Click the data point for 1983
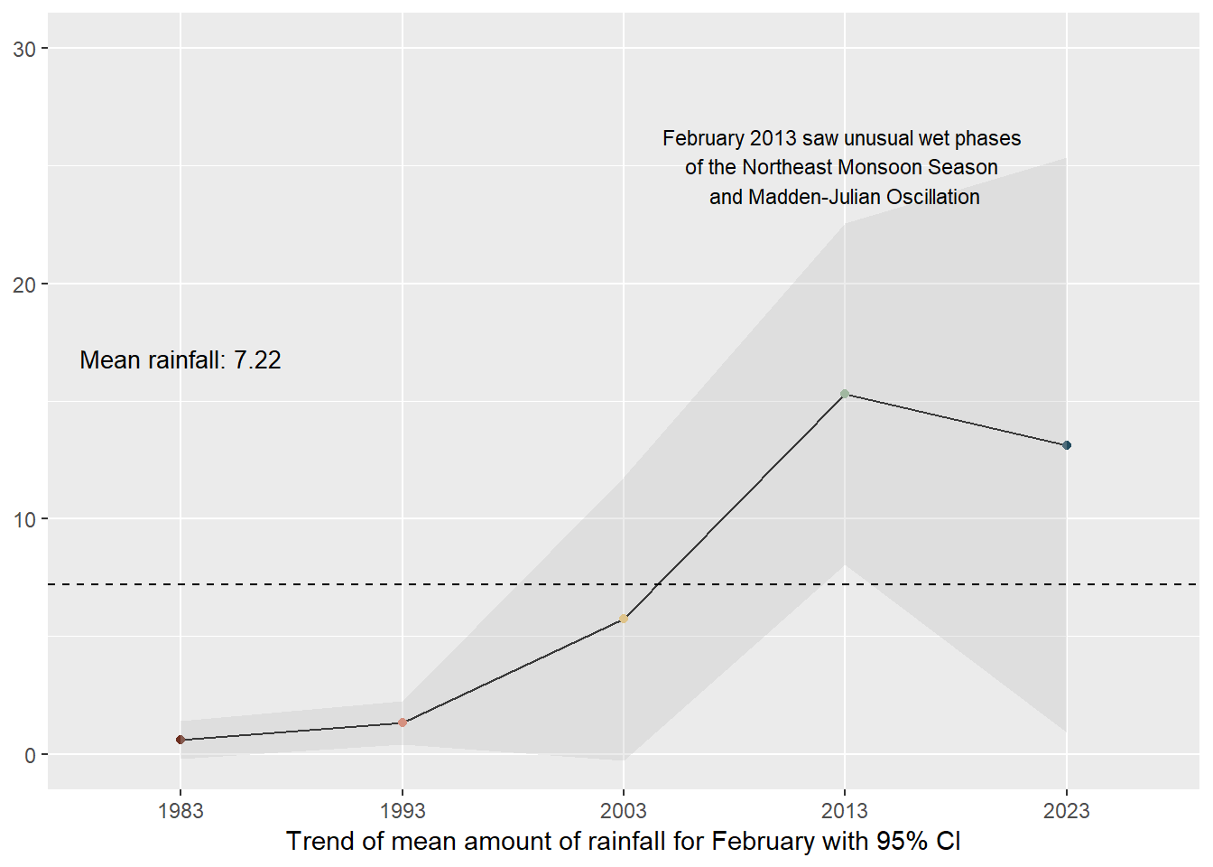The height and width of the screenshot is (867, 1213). point(181,740)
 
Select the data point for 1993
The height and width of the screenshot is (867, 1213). point(403,722)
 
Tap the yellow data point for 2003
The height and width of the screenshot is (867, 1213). point(624,619)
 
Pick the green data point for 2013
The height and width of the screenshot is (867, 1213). point(845,394)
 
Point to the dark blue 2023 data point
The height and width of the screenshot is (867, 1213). point(1067,445)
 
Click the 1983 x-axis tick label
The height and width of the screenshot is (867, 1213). point(181,811)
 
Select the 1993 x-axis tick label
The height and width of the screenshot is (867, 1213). point(403,811)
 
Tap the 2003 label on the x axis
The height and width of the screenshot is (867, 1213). point(624,811)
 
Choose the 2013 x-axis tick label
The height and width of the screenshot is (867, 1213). point(845,811)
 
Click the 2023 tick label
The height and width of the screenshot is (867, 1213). point(1067,811)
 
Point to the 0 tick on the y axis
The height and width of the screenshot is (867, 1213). point(31,755)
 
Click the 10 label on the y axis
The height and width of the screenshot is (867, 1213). point(25,520)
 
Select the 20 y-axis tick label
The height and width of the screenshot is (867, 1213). point(25,284)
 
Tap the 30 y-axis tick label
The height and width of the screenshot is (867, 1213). point(25,49)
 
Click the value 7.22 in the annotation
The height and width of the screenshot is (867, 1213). point(257,360)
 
